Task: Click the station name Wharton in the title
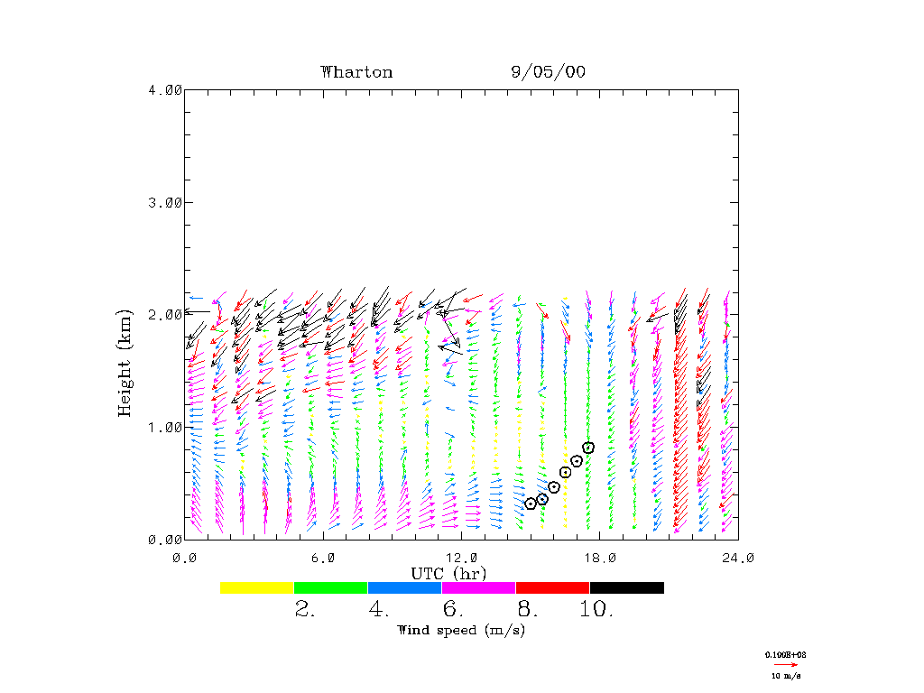click(x=356, y=72)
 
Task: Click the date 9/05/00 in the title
click(x=548, y=72)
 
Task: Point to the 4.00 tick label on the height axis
click(x=165, y=89)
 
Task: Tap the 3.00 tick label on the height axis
click(x=165, y=202)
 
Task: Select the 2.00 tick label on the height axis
click(x=165, y=314)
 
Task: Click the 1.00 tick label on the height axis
click(x=165, y=427)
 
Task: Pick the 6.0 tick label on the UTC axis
click(x=323, y=558)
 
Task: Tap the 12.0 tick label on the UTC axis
click(x=461, y=558)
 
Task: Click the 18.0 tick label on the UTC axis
click(x=600, y=558)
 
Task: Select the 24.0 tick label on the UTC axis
click(x=738, y=558)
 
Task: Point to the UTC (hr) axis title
click(x=449, y=574)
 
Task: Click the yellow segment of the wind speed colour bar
click(x=257, y=587)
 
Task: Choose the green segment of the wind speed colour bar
click(x=331, y=587)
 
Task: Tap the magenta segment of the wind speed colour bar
click(x=479, y=587)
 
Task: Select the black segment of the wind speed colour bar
click(x=627, y=587)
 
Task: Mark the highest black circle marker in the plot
click(x=588, y=448)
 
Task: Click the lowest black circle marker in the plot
click(x=531, y=504)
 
